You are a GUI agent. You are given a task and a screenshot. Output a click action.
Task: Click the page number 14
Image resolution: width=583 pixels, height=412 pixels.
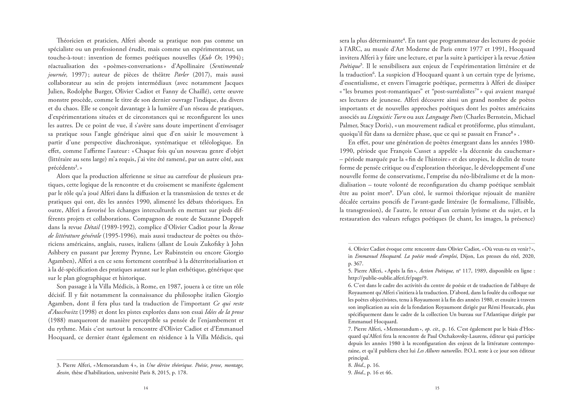click(146, 388)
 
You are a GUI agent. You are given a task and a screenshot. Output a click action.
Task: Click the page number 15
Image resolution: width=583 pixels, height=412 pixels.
click(437, 388)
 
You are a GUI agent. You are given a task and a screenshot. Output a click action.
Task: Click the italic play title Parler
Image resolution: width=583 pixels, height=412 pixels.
click(182, 75)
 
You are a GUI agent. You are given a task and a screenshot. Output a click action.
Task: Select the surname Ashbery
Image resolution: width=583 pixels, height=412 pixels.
click(58, 253)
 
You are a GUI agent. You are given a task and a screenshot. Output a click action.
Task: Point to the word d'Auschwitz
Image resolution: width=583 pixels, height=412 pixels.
click(63, 312)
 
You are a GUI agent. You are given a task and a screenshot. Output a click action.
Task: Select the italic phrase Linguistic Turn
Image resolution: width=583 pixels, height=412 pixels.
click(387, 117)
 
